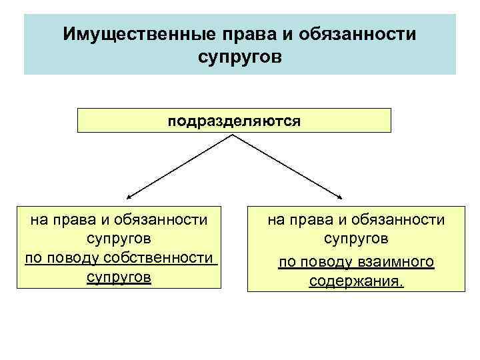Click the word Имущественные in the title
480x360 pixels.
click(x=121, y=33)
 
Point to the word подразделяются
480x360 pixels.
click(x=234, y=122)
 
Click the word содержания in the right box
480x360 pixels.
click(x=355, y=281)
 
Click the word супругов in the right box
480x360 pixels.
click(x=356, y=238)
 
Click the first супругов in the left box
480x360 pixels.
click(x=119, y=238)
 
